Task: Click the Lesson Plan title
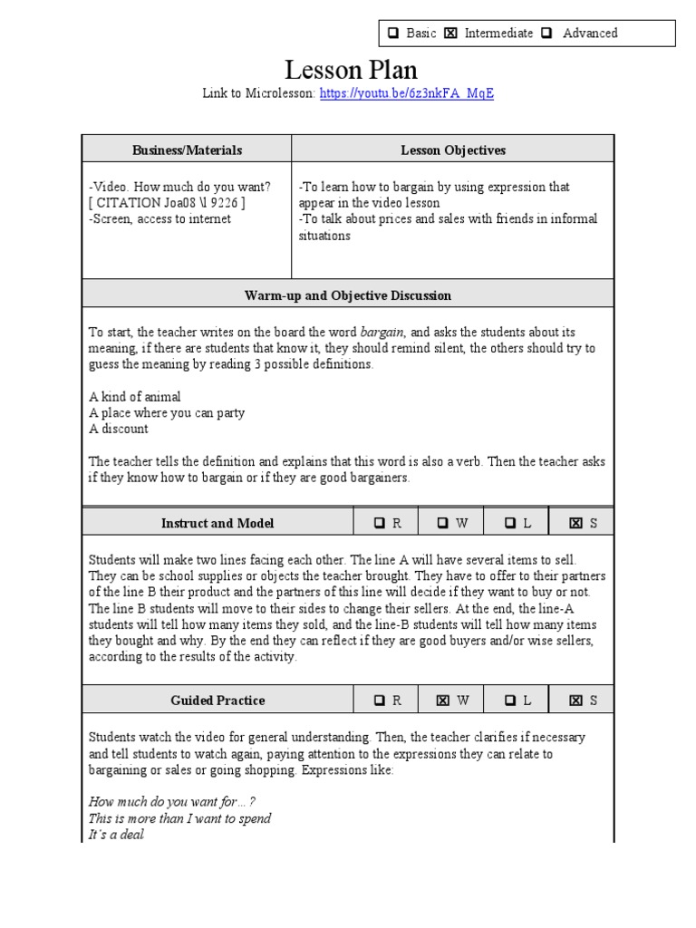[x=351, y=70]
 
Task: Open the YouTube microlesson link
[x=407, y=93]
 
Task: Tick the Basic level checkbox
[x=393, y=34]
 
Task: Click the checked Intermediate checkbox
[x=450, y=34]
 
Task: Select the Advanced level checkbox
[x=546, y=34]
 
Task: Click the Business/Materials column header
[x=187, y=150]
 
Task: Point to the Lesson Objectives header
[x=453, y=150]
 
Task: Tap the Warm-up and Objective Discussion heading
[x=348, y=295]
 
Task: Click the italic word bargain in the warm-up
[x=382, y=333]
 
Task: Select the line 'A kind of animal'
[x=135, y=397]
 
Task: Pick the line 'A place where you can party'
[x=167, y=413]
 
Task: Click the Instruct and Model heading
[x=217, y=523]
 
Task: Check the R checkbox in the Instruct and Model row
[x=381, y=523]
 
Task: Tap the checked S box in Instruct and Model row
[x=575, y=523]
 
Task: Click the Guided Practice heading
[x=217, y=700]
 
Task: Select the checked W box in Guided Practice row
[x=444, y=700]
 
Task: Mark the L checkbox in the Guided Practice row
[x=510, y=700]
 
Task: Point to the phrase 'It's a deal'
[x=117, y=835]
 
